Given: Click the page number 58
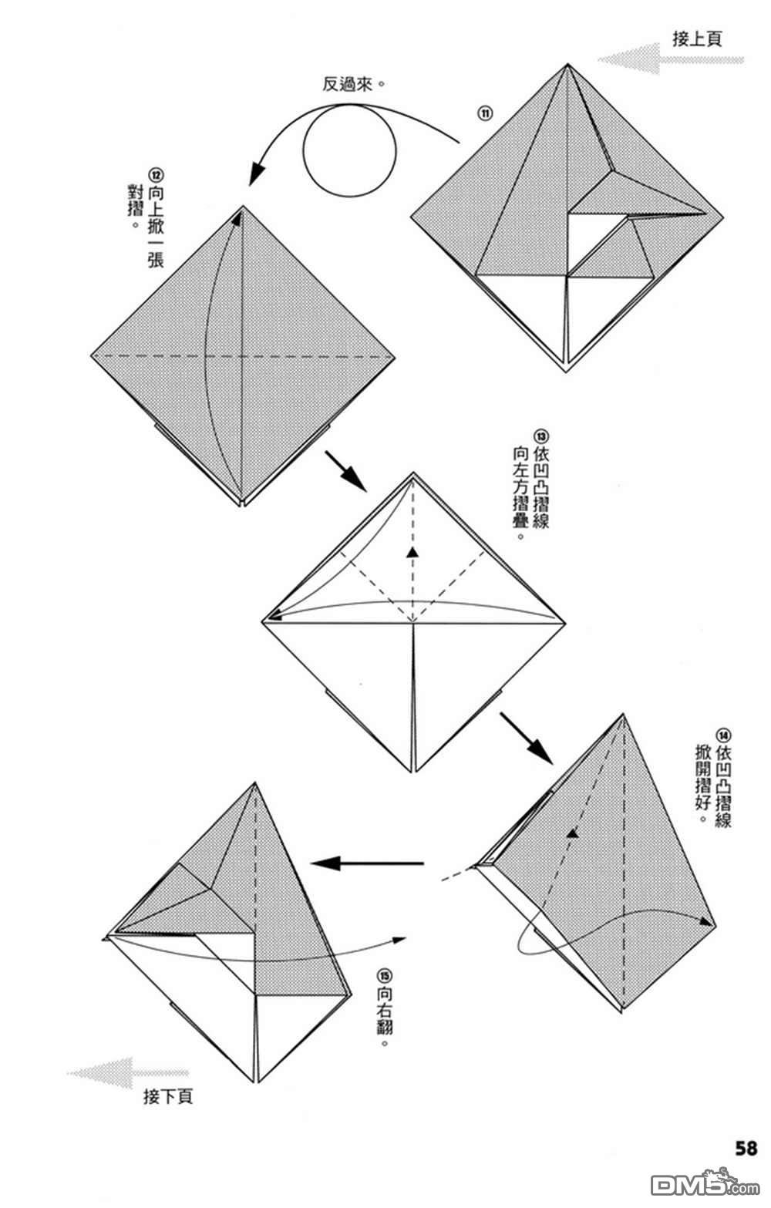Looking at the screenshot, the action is [x=746, y=1148].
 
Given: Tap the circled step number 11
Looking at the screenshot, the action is [x=484, y=113].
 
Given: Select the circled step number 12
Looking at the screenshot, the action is [x=156, y=176].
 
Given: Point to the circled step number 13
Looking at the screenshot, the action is [x=540, y=436].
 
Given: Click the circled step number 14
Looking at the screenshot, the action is [x=723, y=735].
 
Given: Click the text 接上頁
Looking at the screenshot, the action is [x=696, y=39].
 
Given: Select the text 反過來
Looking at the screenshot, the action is [x=347, y=84].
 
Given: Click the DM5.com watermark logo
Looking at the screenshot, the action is [x=705, y=1183].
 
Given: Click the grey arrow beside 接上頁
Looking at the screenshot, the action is [x=671, y=59].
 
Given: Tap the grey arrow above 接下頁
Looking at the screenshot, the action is [x=128, y=1072].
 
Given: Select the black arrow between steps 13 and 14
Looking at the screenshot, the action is [x=526, y=739].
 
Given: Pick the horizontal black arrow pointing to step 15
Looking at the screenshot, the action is [x=367, y=863].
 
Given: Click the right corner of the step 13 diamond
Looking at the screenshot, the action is [x=564, y=623].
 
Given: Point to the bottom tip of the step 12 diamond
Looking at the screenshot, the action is [x=241, y=505].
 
